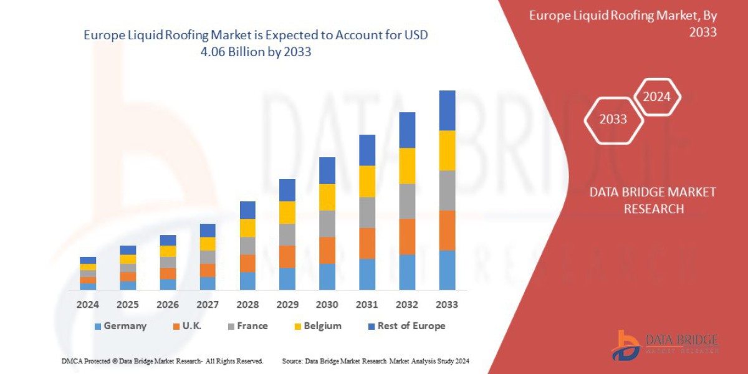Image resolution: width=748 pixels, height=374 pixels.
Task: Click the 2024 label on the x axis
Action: [x=88, y=305]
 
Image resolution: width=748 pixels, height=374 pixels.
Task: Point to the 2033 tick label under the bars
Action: [x=447, y=305]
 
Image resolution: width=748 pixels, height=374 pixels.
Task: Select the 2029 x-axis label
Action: [x=287, y=305]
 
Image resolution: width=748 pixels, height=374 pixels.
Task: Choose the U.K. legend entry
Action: [x=187, y=326]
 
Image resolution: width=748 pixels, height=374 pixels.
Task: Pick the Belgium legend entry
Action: [x=318, y=326]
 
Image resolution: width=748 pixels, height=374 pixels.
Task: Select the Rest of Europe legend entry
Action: [x=406, y=326]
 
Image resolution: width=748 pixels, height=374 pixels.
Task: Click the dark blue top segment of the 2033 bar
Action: [x=447, y=110]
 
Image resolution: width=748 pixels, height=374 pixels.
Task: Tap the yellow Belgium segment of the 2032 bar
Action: [x=407, y=165]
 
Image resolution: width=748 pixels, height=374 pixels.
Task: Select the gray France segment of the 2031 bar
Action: [x=367, y=212]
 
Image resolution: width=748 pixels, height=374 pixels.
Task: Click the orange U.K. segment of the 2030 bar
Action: [x=327, y=250]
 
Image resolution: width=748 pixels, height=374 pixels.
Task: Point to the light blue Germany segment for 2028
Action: [x=247, y=280]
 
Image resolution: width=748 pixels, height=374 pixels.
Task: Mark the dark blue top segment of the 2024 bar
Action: [x=88, y=260]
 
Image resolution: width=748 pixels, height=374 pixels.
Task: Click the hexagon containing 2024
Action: [x=656, y=97]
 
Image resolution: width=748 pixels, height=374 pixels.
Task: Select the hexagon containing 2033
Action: [x=613, y=119]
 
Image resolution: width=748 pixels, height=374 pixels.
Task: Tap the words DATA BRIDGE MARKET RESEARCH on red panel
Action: [x=653, y=200]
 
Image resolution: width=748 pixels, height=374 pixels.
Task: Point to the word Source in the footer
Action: [x=292, y=362]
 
